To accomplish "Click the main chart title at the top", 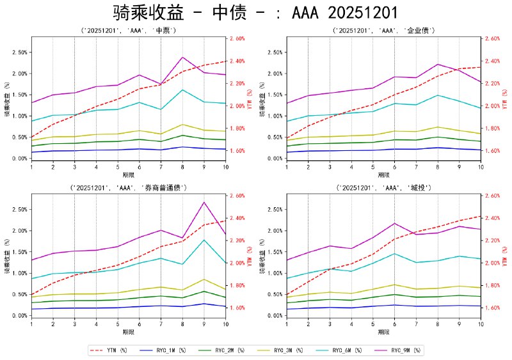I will [255, 13].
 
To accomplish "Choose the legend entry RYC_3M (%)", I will [285, 350].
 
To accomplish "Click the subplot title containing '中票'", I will [128, 31].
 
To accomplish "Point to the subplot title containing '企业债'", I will [383, 31].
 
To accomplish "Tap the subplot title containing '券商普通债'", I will [128, 188].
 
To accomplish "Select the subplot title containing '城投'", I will [383, 188].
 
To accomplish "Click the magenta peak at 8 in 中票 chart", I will [183, 58].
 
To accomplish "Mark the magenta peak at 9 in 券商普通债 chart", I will [204, 202].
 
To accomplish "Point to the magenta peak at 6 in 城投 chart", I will [395, 223].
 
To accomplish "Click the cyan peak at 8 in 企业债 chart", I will [438, 95].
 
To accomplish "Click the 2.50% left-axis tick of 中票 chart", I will [19, 52].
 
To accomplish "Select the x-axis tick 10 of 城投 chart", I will [480, 324].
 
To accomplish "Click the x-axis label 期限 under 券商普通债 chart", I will [128, 332].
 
